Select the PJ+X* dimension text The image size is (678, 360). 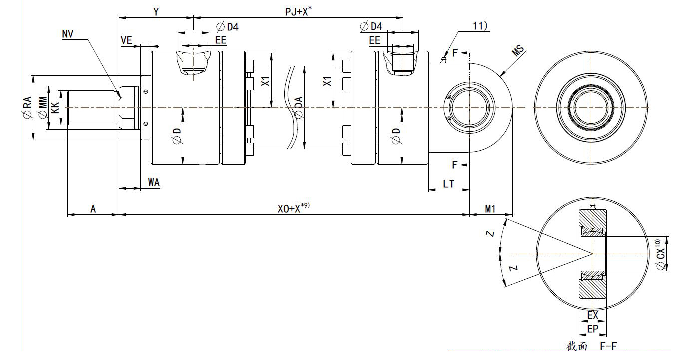pos(298,11)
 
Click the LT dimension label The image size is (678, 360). pos(448,184)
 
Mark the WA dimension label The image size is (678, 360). pos(154,182)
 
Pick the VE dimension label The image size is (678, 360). pos(127,41)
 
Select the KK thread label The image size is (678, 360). pos(56,107)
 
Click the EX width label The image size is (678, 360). pos(593,315)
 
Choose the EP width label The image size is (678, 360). pos(593,329)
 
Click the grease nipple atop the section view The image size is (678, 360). pos(593,206)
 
